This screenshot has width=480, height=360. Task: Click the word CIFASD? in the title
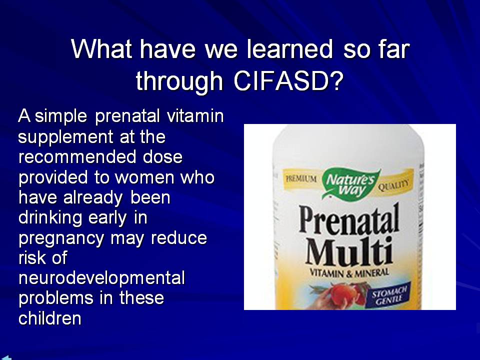(x=288, y=81)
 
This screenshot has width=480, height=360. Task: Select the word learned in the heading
(x=289, y=49)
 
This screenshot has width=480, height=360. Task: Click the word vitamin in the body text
(x=195, y=116)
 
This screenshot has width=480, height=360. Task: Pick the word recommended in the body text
(x=77, y=157)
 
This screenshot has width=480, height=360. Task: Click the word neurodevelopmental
(x=101, y=278)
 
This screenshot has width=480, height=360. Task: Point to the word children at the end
(x=50, y=318)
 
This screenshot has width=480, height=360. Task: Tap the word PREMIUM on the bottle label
(x=301, y=179)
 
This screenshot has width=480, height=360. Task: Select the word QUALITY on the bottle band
(x=393, y=185)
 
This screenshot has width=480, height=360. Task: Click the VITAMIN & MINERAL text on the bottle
(x=349, y=272)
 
